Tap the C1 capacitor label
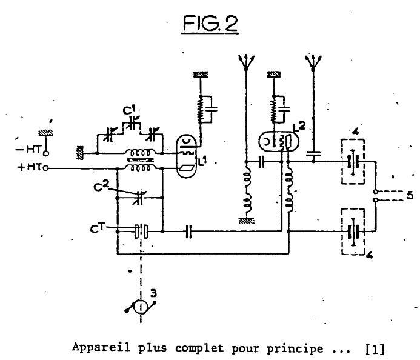pyautogui.click(x=129, y=110)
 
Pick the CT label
pyautogui.click(x=97, y=228)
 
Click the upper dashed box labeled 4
pyautogui.click(x=353, y=162)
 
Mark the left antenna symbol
pyautogui.click(x=244, y=61)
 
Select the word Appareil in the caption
pyautogui.click(x=93, y=348)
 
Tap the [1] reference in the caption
pyautogui.click(x=375, y=349)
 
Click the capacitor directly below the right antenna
pyautogui.click(x=313, y=155)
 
